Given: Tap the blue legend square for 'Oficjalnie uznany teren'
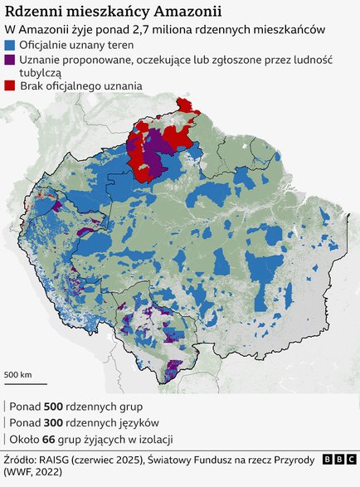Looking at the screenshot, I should (x=10, y=45).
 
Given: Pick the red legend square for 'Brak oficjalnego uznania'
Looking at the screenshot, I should (x=10, y=85).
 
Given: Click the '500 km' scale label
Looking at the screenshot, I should (x=18, y=375).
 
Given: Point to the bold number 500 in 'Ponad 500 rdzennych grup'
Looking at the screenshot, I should (x=54, y=407).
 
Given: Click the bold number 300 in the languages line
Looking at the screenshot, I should (x=54, y=423).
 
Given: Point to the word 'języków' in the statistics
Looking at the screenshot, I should (x=128, y=423).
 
